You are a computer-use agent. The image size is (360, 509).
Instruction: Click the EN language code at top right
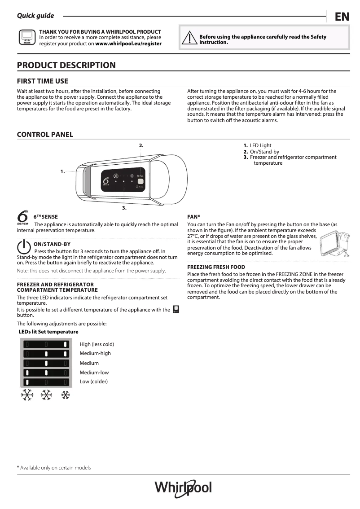pos(342,17)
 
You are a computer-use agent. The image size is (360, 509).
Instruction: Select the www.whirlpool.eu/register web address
pos(128,44)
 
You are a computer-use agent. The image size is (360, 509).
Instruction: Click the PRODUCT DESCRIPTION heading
pos(66,65)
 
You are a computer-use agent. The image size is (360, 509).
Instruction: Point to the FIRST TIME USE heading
pos(43,81)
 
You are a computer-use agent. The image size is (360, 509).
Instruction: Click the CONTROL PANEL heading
pos(45,135)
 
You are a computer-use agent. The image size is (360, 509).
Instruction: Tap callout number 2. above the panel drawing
pos(141,145)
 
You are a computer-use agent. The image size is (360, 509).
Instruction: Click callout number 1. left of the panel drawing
pos(63,171)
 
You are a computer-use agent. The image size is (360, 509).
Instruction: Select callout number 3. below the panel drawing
pos(124,208)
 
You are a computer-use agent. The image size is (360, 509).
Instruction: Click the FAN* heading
pos(193,217)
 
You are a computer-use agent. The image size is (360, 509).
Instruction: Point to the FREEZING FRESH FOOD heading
pos(216,267)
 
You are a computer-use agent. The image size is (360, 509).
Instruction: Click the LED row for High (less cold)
pos(47,344)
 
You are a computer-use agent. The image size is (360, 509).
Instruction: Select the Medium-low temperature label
pos(94,373)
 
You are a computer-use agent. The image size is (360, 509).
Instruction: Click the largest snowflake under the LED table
pos(27,395)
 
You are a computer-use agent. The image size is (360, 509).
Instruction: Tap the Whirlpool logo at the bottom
pos(183,487)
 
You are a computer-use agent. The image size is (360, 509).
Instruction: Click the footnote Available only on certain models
pos(54,468)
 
